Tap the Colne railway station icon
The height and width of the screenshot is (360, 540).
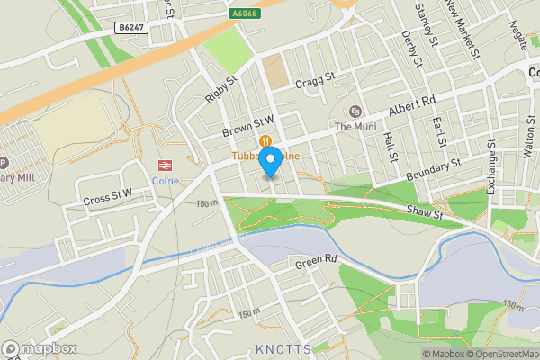165,165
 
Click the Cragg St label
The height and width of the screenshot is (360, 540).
316,78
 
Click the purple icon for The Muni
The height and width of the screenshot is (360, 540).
355,112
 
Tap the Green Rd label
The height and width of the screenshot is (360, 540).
318,260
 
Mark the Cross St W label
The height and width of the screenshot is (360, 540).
107,194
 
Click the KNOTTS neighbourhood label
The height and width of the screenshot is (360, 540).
283,348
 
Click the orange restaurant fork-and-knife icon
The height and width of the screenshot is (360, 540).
266,140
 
